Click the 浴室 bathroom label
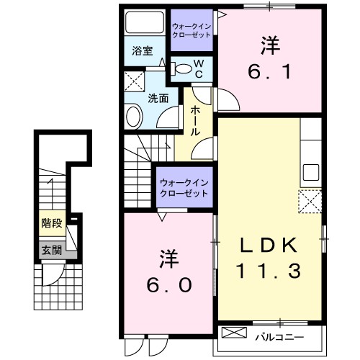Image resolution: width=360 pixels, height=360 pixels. click(x=143, y=51)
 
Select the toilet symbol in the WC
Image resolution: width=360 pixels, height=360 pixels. click(x=185, y=70)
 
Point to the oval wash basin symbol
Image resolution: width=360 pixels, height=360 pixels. click(x=133, y=117)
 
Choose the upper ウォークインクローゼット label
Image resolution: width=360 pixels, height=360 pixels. click(x=192, y=31)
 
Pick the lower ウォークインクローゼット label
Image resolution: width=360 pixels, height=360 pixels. click(x=184, y=189)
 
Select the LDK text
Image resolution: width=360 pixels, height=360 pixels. click(x=269, y=245)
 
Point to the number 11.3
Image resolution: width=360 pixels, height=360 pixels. click(x=269, y=271)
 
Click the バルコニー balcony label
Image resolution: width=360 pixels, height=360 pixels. click(x=277, y=336)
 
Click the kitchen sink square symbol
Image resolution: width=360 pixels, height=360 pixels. click(x=310, y=173)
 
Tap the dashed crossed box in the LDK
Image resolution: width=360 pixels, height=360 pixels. click(x=310, y=201)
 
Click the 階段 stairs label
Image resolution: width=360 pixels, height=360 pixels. click(x=51, y=223)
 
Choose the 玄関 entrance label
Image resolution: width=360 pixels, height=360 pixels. click(x=50, y=250)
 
